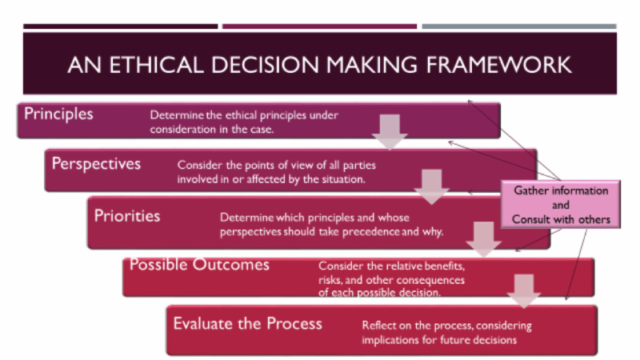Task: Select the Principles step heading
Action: pos(58,114)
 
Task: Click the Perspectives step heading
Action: pos(96,163)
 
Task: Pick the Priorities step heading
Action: pos(127,215)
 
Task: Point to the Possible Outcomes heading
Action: pos(199,264)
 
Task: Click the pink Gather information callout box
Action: pos(560,205)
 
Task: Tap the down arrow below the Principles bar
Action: pos(390,131)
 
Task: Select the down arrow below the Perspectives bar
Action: pos(432,185)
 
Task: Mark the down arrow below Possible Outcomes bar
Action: pos(524,290)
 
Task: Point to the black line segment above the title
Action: pos(120,26)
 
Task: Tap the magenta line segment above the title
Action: pos(319,26)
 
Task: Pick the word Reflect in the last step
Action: pos(379,326)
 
